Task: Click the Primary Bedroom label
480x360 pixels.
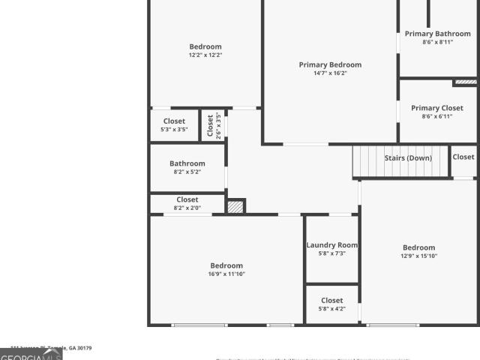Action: coord(330,65)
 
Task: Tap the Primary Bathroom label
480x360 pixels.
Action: coord(438,34)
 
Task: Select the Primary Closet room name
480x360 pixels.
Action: coord(437,108)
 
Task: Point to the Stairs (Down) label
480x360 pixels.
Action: coord(408,158)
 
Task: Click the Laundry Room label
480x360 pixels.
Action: coord(331,245)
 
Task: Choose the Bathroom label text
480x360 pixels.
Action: coord(187,163)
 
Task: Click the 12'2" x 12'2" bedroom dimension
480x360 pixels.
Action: coord(205,55)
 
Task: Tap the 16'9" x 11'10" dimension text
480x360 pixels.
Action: coord(226,274)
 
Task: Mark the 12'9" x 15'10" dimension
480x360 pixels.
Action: coord(418,256)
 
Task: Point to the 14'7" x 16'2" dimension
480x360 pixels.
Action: coord(330,73)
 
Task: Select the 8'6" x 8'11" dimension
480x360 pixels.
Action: coord(438,42)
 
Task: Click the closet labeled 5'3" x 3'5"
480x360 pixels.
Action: coord(174,125)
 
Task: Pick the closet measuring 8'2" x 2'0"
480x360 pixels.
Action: coord(187,203)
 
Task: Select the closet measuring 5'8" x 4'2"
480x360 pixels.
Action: coord(331,304)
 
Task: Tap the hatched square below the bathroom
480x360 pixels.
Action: coord(235,206)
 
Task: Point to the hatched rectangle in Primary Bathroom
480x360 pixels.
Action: coord(465,82)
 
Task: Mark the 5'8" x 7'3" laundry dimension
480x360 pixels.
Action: coord(331,253)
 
